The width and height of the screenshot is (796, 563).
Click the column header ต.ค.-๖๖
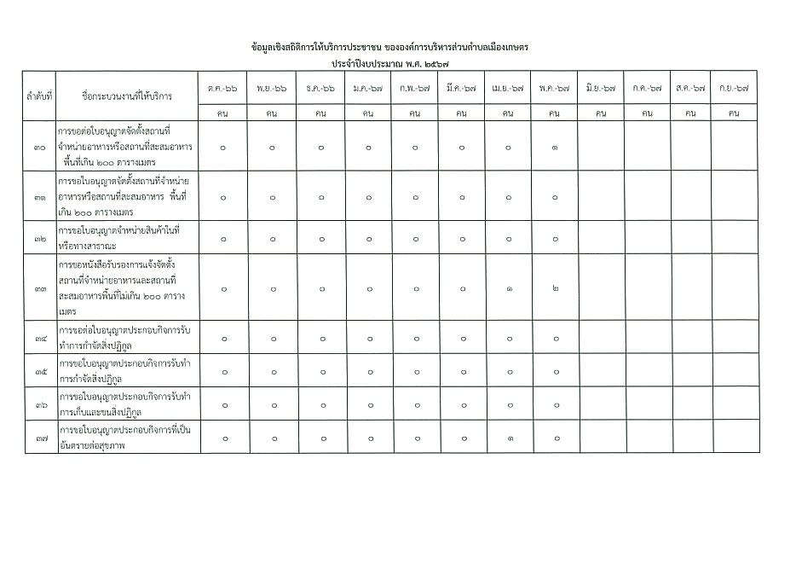(223, 88)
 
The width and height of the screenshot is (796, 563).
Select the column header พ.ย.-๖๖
(272, 88)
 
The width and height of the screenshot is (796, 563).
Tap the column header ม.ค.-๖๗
(367, 88)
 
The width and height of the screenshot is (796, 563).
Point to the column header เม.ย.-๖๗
(507, 88)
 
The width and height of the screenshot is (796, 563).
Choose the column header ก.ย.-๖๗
(734, 88)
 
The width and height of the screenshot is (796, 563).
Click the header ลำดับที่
(39, 96)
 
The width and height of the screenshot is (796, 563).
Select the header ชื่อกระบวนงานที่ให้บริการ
(126, 96)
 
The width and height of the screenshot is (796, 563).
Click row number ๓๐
(39, 148)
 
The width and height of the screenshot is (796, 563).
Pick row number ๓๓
(39, 289)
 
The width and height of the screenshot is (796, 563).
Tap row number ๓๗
(39, 438)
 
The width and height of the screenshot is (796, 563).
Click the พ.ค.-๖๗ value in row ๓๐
(555, 148)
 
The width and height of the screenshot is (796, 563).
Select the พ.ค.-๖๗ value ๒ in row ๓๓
(555, 289)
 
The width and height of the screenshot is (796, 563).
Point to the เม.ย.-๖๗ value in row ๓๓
(508, 289)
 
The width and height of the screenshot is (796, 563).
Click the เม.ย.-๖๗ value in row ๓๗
(508, 438)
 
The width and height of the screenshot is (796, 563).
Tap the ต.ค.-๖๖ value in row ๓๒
(223, 239)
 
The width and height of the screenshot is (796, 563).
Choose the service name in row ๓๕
(124, 372)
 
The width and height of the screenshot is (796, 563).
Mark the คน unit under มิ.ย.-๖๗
(601, 113)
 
